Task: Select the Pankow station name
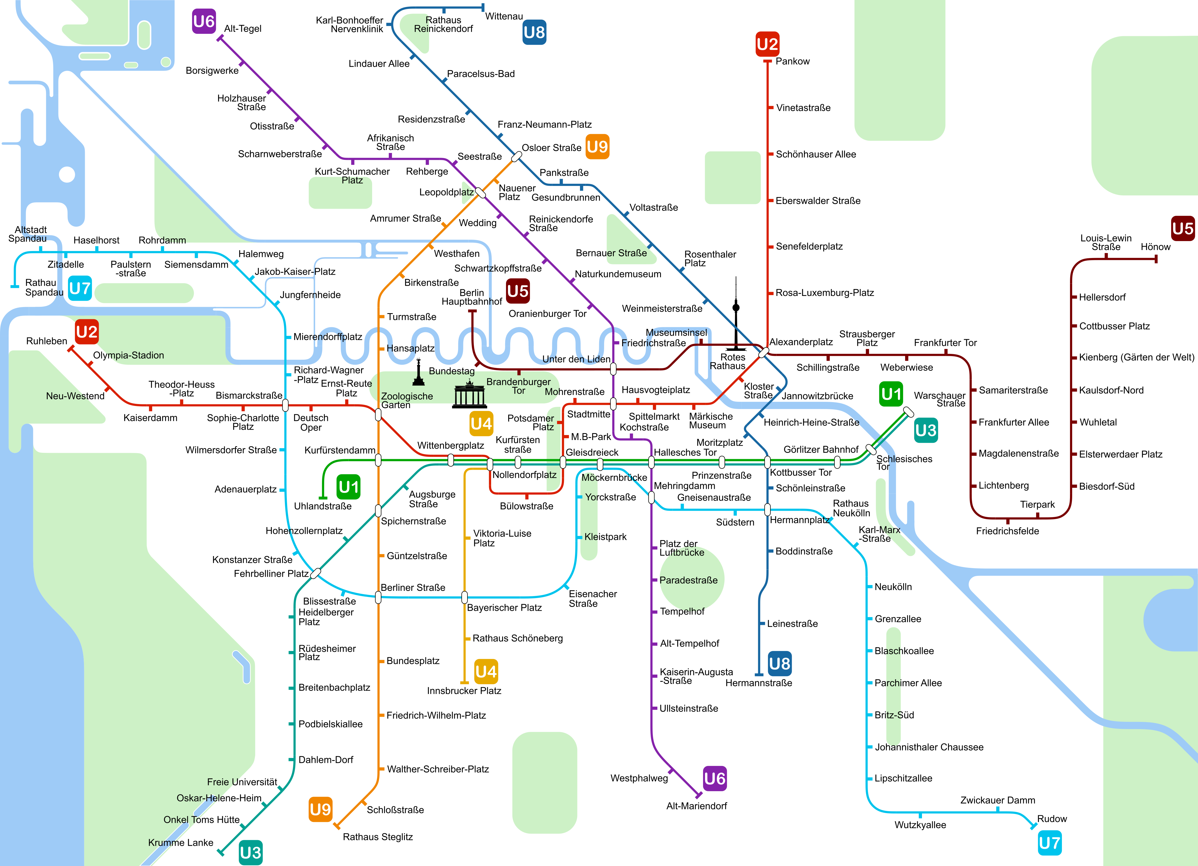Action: point(792,61)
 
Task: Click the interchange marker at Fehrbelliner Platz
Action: point(315,573)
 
